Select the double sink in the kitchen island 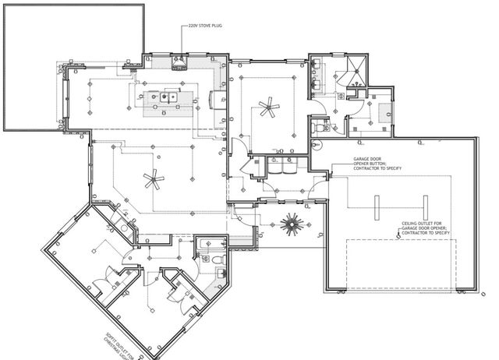point(167,98)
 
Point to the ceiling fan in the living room point(154,181)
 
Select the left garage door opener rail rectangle point(375,208)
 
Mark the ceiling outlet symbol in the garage point(398,238)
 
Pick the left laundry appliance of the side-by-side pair point(275,167)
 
